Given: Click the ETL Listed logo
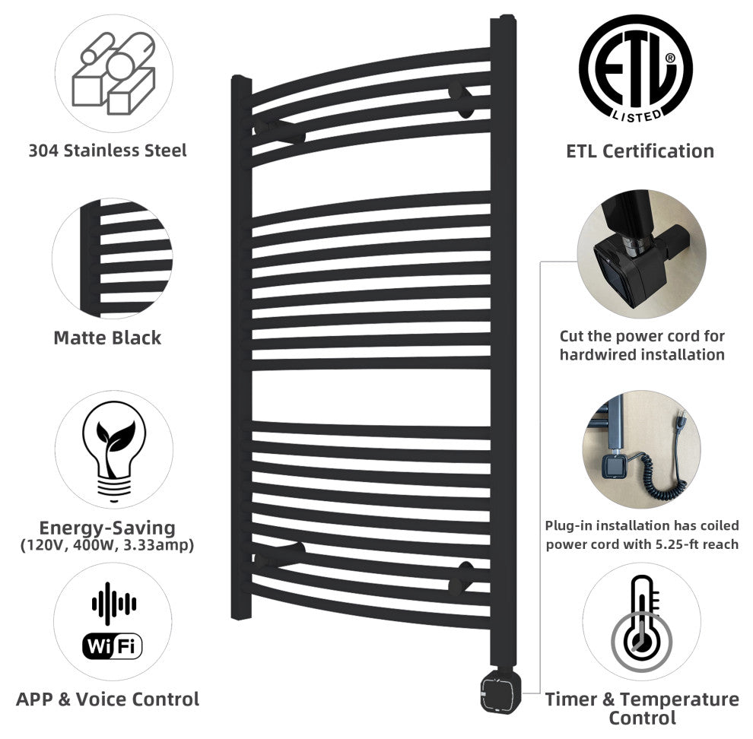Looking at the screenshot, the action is (636, 68).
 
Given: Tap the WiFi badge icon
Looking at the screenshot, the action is (113, 646).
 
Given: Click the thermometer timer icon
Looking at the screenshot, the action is (642, 623).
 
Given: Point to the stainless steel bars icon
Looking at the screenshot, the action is (114, 73).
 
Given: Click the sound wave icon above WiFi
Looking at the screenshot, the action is (114, 603).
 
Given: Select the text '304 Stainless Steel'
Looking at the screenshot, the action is (107, 151).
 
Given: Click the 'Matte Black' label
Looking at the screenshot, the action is (107, 338).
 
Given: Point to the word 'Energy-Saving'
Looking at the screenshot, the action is (107, 528).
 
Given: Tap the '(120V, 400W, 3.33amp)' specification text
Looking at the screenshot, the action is (107, 545).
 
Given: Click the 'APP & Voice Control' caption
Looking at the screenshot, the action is (107, 699).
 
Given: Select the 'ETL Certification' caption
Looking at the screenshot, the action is (640, 151).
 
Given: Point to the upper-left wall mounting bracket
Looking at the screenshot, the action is (279, 131).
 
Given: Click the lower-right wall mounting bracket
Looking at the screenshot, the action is (461, 578).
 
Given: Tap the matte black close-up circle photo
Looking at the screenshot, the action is (113, 258).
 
